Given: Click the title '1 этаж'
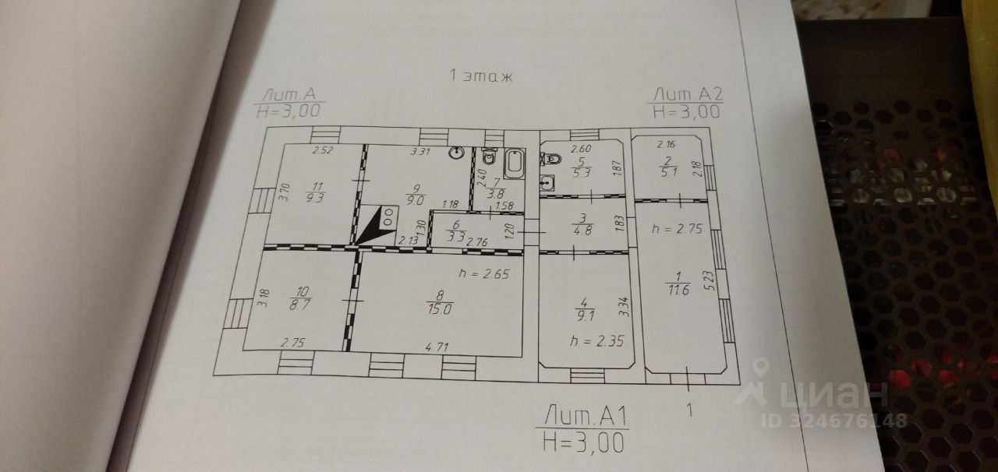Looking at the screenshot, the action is pyautogui.click(x=480, y=76).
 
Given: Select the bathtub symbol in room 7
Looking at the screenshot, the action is pyautogui.click(x=514, y=163).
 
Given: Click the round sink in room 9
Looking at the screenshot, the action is pyautogui.click(x=458, y=153).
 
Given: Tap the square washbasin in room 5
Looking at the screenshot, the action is pyautogui.click(x=548, y=184).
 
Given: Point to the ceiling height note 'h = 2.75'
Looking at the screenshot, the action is pyautogui.click(x=675, y=230).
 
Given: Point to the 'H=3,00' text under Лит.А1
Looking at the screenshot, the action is pyautogui.click(x=585, y=442).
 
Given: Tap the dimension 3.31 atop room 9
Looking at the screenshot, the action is pyautogui.click(x=422, y=152).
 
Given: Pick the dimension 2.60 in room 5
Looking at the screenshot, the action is pyautogui.click(x=582, y=149).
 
